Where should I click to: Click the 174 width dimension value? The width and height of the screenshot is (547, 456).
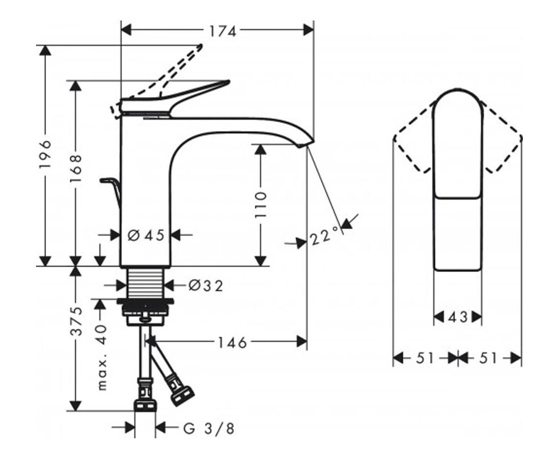(x=223, y=31)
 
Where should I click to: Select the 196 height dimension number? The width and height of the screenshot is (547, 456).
(x=45, y=155)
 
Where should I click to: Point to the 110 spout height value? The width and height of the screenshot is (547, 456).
(x=260, y=204)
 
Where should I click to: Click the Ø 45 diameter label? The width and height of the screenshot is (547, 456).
(x=146, y=235)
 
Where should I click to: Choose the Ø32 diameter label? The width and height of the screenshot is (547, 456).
(x=206, y=285)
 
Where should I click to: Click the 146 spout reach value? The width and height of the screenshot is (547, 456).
(x=232, y=342)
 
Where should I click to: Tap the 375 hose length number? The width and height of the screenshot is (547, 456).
(x=77, y=321)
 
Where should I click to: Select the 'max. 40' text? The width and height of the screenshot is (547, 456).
(x=102, y=358)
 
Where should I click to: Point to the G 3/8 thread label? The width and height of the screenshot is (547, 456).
(x=208, y=429)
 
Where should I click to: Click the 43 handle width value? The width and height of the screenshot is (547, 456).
(x=458, y=317)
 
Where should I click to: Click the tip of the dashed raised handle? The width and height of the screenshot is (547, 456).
(x=201, y=46)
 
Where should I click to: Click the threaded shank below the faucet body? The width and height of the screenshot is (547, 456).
(x=145, y=283)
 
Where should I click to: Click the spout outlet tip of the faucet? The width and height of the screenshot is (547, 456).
(x=306, y=144)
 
